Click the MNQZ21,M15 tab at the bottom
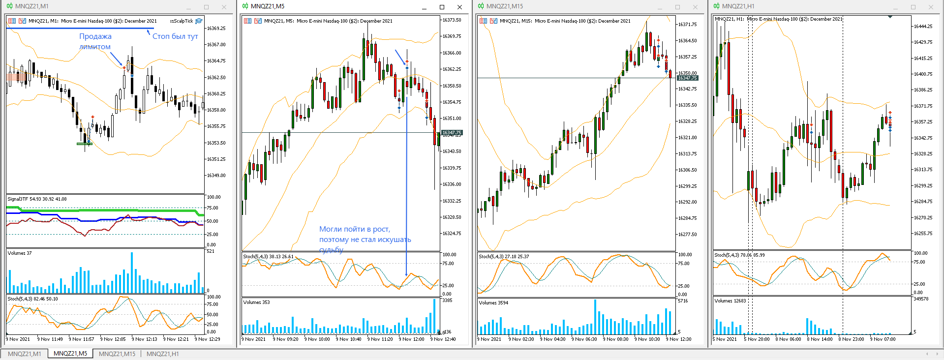[117, 354]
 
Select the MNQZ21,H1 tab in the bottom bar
[163, 354]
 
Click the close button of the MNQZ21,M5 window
[459, 7]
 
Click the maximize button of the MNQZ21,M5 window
[442, 7]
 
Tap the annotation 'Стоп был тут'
[175, 36]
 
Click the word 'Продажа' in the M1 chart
[95, 36]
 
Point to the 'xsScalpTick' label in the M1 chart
[182, 21]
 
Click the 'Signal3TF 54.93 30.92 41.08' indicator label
[37, 199]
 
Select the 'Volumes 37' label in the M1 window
[20, 253]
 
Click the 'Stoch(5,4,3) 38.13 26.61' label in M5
[268, 256]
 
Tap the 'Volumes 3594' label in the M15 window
[493, 303]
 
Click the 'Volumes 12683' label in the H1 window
[730, 300]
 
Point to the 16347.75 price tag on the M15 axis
[687, 78]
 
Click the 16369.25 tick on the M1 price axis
[216, 29]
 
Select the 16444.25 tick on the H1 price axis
[922, 27]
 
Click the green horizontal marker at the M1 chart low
[84, 144]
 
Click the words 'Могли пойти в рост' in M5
[354, 229]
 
